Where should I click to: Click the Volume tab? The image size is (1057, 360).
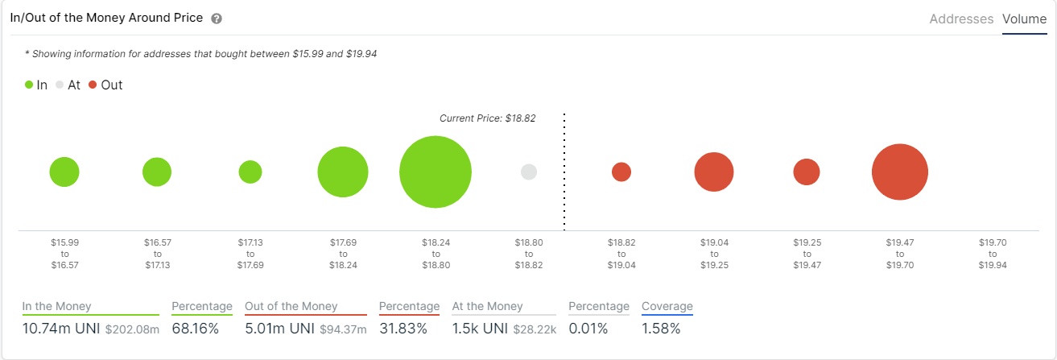[x=1024, y=19]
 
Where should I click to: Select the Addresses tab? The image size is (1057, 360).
[x=961, y=19]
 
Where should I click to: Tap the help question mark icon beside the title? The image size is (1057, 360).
[x=217, y=19]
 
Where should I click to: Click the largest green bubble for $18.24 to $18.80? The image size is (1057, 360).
[x=436, y=172]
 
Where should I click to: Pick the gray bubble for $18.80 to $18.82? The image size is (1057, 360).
[x=529, y=172]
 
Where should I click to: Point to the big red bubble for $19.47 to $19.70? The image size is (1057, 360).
[x=900, y=172]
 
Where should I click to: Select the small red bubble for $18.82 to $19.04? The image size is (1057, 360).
[x=621, y=172]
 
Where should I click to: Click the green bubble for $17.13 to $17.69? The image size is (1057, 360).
[x=250, y=172]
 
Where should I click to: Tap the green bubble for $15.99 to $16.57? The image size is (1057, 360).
[x=64, y=172]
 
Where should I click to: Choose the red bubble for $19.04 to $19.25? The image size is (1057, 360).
[x=714, y=172]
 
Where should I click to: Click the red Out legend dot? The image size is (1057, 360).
[x=93, y=85]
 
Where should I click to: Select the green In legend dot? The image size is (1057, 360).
[x=29, y=85]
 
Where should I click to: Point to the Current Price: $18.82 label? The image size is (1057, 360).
[x=487, y=118]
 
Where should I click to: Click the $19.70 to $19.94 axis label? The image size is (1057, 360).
[x=993, y=253]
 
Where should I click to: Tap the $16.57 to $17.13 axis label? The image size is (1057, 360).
[x=157, y=253]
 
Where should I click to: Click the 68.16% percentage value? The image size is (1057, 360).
[x=196, y=329]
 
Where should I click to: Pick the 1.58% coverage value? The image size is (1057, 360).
[x=661, y=329]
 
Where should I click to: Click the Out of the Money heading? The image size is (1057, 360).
[x=291, y=306]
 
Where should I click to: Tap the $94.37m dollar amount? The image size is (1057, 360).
[x=344, y=329]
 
